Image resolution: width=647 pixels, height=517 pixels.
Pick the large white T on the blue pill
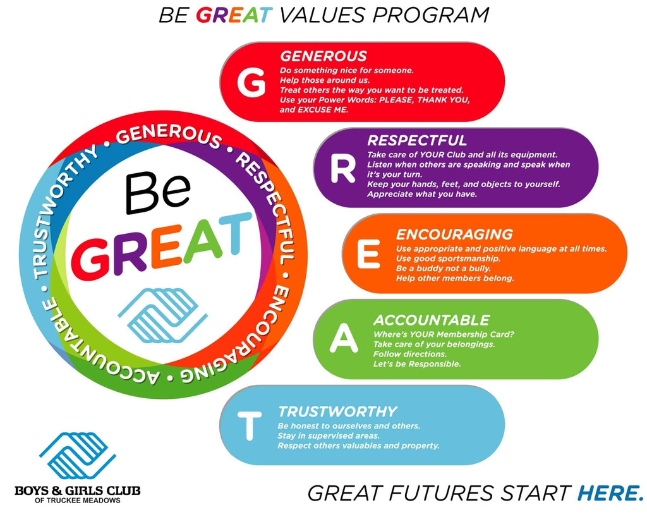point(249,425)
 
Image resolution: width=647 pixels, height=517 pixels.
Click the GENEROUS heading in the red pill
point(323,56)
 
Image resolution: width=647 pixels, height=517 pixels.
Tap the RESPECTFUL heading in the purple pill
point(417,140)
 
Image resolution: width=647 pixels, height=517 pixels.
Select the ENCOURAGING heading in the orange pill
point(454,235)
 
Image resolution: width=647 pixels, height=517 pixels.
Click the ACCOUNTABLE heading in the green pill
point(432,320)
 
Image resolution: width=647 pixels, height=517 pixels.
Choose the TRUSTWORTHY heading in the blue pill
point(337,411)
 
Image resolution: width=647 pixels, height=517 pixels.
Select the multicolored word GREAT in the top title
point(234,15)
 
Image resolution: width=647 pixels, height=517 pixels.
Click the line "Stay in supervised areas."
point(329,435)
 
